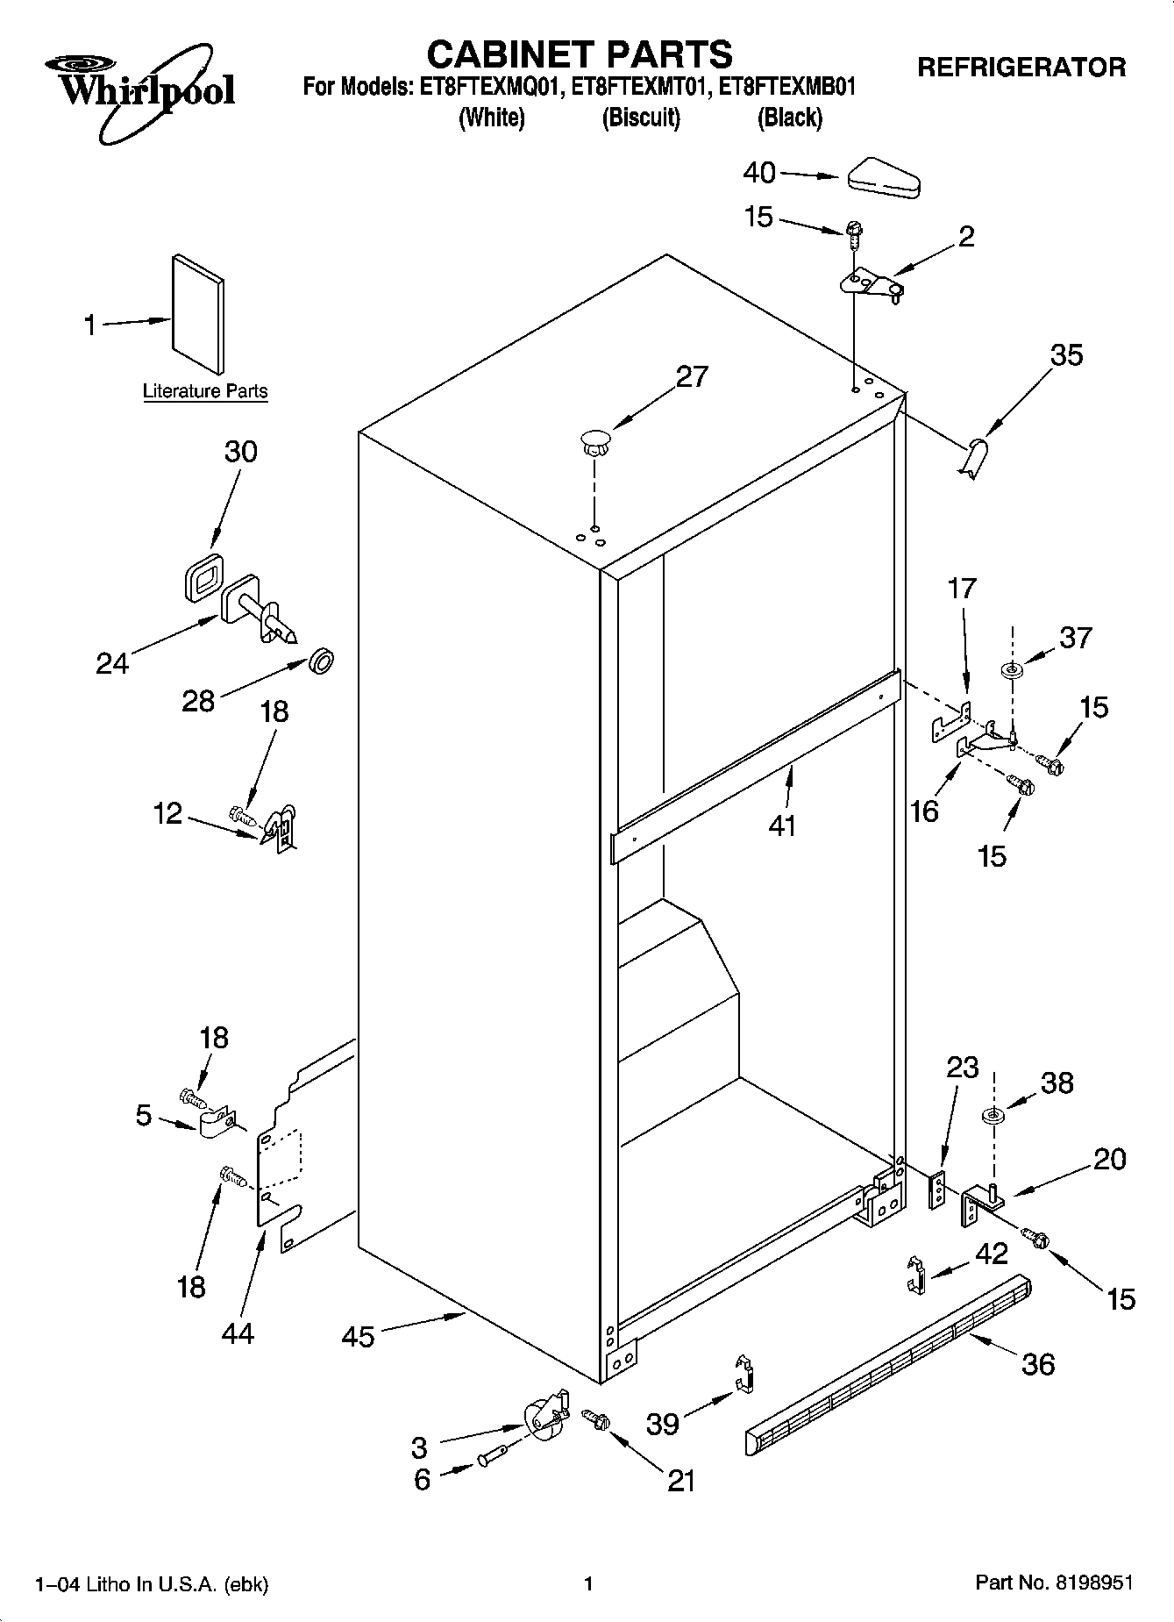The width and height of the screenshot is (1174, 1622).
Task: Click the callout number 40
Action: pos(759,173)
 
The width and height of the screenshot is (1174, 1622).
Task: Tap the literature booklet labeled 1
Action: pos(197,314)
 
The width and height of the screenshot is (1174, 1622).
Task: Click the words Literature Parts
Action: pos(205,391)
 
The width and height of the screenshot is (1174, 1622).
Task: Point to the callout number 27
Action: pos(692,376)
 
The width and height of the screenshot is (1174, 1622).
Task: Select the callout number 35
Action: pos(1066,355)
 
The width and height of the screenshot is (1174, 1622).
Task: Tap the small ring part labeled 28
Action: pos(322,661)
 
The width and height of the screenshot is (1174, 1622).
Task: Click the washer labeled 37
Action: pos(1013,671)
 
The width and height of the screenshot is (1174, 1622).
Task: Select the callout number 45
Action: pos(358,1336)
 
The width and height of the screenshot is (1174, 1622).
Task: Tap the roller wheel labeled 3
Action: pos(544,1416)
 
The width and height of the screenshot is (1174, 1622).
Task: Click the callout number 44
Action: pos(238,1333)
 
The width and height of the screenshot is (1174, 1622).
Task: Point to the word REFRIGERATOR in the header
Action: pos(1021,68)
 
